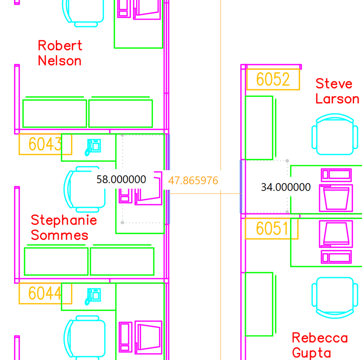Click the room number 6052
click(273, 79)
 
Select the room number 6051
click(272, 228)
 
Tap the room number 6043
click(45, 144)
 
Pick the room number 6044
click(45, 293)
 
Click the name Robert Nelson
click(60, 53)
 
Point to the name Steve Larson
click(337, 91)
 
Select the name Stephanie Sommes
click(64, 227)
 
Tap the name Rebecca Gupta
click(320, 345)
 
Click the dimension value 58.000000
click(121, 179)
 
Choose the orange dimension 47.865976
click(193, 181)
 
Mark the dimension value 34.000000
click(286, 187)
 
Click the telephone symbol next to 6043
click(93, 147)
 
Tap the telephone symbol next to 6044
click(93, 296)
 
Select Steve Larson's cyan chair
click(335, 134)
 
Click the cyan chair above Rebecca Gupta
click(335, 298)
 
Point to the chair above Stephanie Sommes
click(85, 189)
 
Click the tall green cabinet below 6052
click(259, 128)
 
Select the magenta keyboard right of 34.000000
click(336, 175)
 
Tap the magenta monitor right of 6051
click(336, 234)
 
